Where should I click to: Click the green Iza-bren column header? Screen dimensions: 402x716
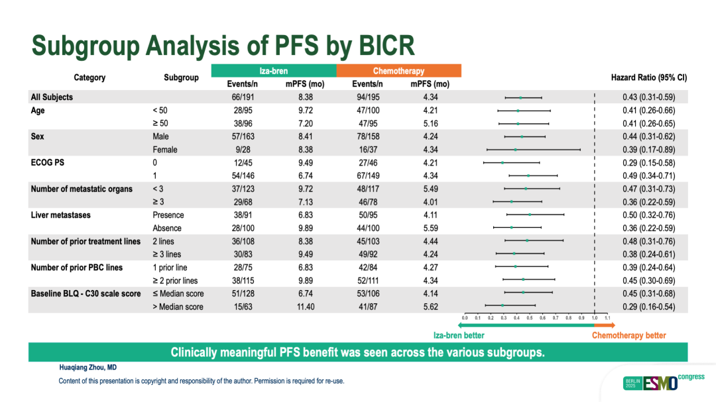273,71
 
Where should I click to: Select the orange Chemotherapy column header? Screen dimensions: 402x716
398,71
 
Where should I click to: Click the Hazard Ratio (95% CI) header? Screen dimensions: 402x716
648,77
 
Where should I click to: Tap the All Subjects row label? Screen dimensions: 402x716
52,97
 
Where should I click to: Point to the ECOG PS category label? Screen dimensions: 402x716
48,163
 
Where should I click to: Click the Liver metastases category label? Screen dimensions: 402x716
60,215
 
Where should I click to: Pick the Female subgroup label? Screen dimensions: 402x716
165,150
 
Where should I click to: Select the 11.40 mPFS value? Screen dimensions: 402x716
306,307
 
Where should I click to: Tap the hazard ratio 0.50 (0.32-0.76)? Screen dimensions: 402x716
648,215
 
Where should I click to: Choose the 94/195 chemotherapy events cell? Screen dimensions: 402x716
367,97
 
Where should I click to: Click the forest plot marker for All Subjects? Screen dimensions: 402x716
520,97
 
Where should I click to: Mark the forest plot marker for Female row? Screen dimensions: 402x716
515,150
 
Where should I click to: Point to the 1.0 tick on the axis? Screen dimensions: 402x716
594,318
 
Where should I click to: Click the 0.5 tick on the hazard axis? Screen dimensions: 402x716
529,318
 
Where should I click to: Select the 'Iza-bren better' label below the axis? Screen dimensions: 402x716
459,335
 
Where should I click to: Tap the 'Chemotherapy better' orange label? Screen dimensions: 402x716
628,335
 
